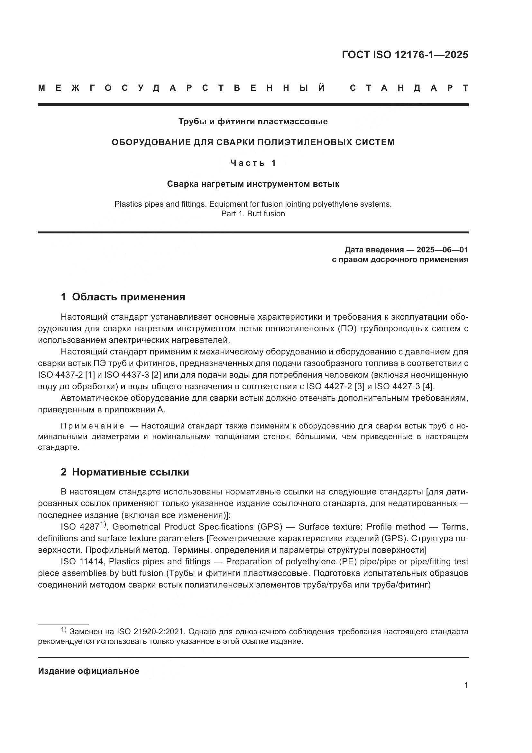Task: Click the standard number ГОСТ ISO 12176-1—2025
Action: (x=405, y=55)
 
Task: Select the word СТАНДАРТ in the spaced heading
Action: (x=409, y=88)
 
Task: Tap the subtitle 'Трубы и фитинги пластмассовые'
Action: (x=253, y=122)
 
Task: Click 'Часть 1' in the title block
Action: (x=253, y=163)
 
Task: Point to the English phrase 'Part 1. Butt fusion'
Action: (x=253, y=214)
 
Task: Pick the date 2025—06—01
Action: (x=442, y=250)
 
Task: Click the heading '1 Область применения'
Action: (x=123, y=297)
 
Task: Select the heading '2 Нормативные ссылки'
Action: (x=125, y=472)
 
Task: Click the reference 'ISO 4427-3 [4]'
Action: (x=404, y=386)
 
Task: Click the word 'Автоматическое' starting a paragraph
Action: (x=94, y=398)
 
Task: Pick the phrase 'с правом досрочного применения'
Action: (x=400, y=260)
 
